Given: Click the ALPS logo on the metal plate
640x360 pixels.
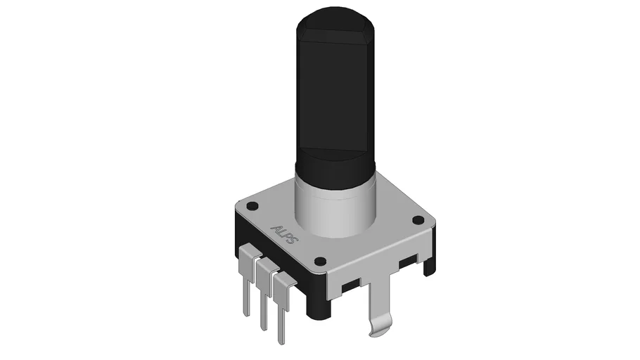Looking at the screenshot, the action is point(285,234).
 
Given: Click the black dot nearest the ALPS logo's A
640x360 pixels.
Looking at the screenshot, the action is point(253,206).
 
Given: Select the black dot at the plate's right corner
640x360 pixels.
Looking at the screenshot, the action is point(418,220).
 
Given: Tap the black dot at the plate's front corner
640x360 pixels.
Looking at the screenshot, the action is point(321,260).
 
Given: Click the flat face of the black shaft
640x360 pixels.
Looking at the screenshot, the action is point(334,94).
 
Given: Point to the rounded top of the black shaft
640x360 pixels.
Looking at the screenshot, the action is point(335,18).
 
